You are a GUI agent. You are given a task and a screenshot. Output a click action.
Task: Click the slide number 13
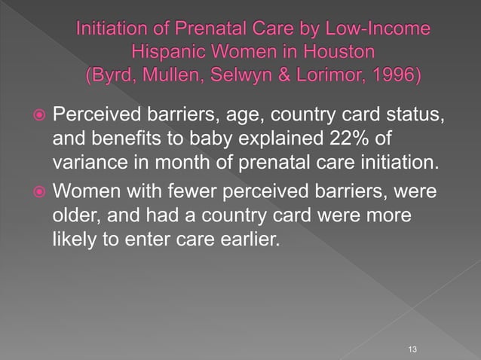pyautogui.click(x=412, y=349)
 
